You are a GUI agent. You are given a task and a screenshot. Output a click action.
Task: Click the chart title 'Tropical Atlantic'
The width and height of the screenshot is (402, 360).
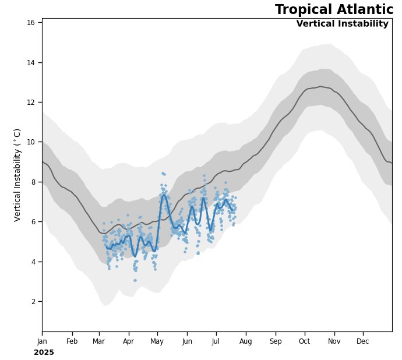pyautogui.click(x=334, y=10)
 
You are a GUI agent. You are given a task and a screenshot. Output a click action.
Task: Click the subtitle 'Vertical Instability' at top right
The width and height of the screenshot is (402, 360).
pyautogui.click(x=342, y=24)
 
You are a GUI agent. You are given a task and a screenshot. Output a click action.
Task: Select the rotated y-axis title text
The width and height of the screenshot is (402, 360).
pyautogui.click(x=17, y=175)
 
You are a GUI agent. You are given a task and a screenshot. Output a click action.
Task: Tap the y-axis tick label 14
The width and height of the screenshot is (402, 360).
pyautogui.click(x=31, y=62)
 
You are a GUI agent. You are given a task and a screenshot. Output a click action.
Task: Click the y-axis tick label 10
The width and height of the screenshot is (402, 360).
pyautogui.click(x=31, y=142)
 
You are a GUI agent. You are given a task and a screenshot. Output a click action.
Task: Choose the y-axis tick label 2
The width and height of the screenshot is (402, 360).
pyautogui.click(x=34, y=301)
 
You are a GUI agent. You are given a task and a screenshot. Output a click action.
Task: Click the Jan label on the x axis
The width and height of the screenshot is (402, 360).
pyautogui.click(x=42, y=341)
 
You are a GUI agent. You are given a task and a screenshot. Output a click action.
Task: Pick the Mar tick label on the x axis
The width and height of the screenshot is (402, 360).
pyautogui.click(x=99, y=341)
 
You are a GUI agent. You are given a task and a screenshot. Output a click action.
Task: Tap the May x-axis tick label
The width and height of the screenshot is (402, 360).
pyautogui.click(x=157, y=341)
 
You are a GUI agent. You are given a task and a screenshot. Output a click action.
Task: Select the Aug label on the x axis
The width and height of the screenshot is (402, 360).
pyautogui.click(x=246, y=341)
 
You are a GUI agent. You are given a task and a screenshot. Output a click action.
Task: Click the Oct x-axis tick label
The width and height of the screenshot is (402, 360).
pyautogui.click(x=304, y=341)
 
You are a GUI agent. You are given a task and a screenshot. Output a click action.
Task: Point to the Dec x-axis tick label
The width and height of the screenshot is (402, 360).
pyautogui.click(x=363, y=341)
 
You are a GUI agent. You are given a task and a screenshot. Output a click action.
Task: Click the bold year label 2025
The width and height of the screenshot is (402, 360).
pyautogui.click(x=44, y=352)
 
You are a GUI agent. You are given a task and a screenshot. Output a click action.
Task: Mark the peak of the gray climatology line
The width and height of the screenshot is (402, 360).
pyautogui.click(x=320, y=87)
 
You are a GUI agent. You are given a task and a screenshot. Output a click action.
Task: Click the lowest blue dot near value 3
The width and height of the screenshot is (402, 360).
pyautogui.click(x=135, y=280)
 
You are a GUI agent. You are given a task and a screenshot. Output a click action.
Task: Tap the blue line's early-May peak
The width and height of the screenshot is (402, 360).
pyautogui.click(x=164, y=196)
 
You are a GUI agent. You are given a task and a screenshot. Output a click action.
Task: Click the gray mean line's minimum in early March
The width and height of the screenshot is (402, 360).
pyautogui.click(x=102, y=233)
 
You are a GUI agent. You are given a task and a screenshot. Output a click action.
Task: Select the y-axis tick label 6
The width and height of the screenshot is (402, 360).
pyautogui.click(x=34, y=222)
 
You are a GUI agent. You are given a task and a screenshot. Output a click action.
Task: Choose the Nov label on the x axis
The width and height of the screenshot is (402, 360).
pyautogui.click(x=334, y=341)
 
